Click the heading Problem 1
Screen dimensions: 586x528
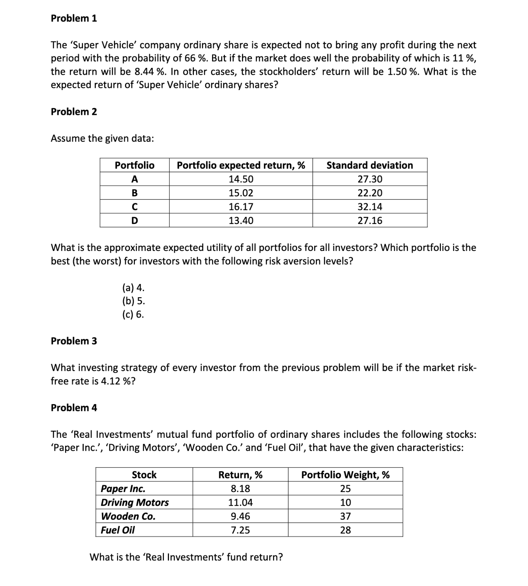tap(74, 18)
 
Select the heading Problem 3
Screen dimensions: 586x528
tap(74, 341)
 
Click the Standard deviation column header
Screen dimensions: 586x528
tap(370, 165)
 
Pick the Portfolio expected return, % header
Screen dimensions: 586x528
tap(241, 165)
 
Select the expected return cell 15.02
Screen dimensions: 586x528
tap(241, 193)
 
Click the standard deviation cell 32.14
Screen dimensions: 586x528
tap(370, 207)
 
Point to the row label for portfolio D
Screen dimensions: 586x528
tap(134, 221)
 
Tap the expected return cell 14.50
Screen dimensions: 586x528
tap(241, 179)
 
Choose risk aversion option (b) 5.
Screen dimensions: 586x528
tap(133, 301)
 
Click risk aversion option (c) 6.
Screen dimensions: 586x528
tap(133, 314)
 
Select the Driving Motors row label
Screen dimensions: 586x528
tap(134, 502)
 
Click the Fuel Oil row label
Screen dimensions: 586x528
tap(117, 530)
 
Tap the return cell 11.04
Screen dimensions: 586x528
tap(240, 502)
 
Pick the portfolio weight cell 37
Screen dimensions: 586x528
tap(345, 516)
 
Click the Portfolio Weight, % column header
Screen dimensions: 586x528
tap(345, 475)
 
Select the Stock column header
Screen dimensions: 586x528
tap(144, 475)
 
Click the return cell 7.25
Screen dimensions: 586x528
tap(240, 530)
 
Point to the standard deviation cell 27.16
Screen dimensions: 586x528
tap(370, 221)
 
